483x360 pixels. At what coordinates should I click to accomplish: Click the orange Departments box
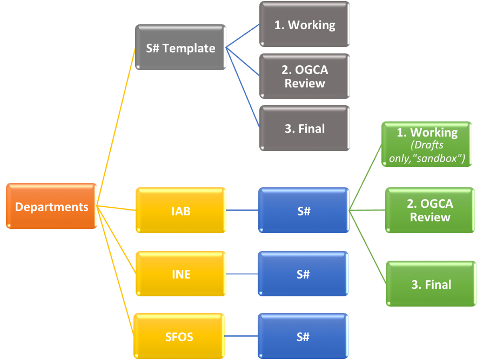pyautogui.click(x=52, y=206)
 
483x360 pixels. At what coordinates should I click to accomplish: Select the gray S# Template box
pyautogui.click(x=180, y=47)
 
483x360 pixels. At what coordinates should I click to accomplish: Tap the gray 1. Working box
pyautogui.click(x=304, y=25)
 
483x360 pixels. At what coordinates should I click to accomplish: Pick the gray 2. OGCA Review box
pyautogui.click(x=305, y=76)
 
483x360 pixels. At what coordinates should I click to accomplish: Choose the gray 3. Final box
pyautogui.click(x=305, y=128)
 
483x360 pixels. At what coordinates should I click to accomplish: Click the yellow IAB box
pyautogui.click(x=181, y=210)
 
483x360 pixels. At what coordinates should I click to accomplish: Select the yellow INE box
pyautogui.click(x=181, y=274)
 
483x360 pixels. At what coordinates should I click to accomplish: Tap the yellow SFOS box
pyautogui.click(x=179, y=337)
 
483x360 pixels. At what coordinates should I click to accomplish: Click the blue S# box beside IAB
pyautogui.click(x=304, y=210)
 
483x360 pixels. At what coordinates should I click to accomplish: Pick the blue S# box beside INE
pyautogui.click(x=303, y=274)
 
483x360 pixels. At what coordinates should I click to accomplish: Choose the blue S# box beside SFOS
pyautogui.click(x=303, y=337)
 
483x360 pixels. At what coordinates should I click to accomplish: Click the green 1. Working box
pyautogui.click(x=427, y=144)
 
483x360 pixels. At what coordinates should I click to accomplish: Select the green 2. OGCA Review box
pyautogui.click(x=430, y=210)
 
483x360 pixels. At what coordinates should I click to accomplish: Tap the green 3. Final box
pyautogui.click(x=431, y=284)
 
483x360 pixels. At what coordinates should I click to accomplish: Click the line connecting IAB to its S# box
pyautogui.click(x=242, y=210)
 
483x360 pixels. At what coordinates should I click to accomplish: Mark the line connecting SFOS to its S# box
pyautogui.click(x=242, y=337)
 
